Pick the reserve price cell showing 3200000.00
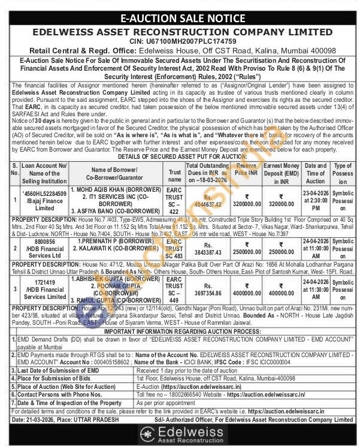coord(248,204)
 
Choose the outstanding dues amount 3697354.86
coord(207,292)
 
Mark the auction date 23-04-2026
coord(315,192)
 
